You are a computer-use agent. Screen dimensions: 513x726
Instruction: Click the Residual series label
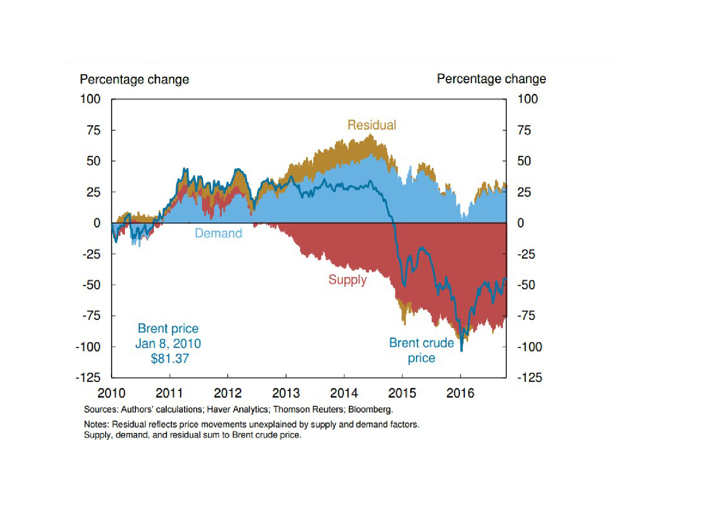click(x=371, y=125)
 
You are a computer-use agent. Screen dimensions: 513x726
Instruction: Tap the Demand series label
click(x=218, y=233)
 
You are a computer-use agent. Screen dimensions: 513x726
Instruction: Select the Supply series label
click(x=347, y=280)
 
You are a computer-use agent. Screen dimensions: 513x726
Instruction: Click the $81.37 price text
click(x=170, y=358)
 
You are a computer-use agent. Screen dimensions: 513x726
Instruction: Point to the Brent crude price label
click(x=421, y=350)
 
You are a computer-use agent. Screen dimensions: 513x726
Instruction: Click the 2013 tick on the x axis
click(x=286, y=393)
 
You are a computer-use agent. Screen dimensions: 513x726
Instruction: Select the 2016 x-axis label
click(x=460, y=393)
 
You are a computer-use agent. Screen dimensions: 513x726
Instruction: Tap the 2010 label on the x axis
click(x=111, y=393)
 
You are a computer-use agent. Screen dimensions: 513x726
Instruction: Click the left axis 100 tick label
click(x=90, y=99)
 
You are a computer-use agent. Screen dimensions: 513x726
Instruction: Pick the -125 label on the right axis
click(x=529, y=377)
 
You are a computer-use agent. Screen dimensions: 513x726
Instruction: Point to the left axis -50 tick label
click(x=91, y=285)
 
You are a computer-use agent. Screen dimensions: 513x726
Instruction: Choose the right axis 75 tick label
click(x=524, y=130)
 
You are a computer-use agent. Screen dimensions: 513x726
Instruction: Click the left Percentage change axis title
click(x=134, y=79)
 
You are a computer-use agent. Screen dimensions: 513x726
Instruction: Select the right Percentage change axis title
click(x=491, y=79)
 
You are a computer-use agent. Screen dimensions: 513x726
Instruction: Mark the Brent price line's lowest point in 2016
click(x=462, y=350)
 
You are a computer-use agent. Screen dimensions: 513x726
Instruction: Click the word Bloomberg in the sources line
click(x=370, y=410)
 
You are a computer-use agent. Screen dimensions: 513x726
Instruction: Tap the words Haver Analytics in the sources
click(x=237, y=410)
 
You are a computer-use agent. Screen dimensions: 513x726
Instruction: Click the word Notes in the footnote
click(x=96, y=424)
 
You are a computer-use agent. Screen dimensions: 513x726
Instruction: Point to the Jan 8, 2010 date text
click(x=168, y=343)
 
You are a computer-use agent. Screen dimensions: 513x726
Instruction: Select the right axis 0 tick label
click(x=521, y=223)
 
